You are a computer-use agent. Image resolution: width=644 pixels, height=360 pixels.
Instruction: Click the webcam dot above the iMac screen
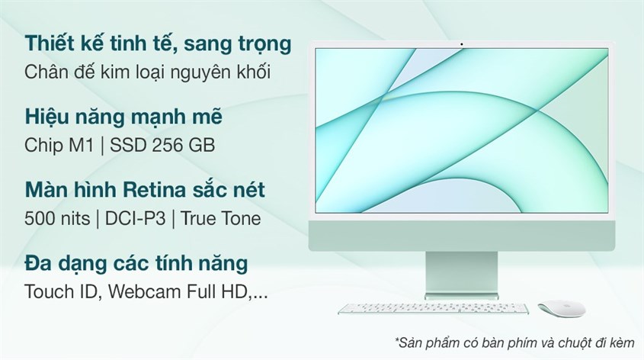pyautogui.click(x=462, y=44)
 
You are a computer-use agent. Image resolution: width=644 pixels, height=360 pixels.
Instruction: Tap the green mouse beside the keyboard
pyautogui.click(x=562, y=309)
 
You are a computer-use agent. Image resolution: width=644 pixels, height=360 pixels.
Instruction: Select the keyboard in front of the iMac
pyautogui.click(x=434, y=309)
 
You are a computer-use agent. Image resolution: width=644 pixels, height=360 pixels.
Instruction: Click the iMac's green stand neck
pyautogui.click(x=462, y=272)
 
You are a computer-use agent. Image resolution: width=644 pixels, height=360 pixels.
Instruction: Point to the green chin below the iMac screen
pyautogui.click(x=462, y=236)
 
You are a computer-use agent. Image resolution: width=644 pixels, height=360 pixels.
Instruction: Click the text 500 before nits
pyautogui.click(x=40, y=218)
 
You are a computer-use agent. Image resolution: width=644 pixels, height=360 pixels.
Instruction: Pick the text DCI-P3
pyautogui.click(x=135, y=218)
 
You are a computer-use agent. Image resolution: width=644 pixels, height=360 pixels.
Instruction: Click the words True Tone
pyautogui.click(x=220, y=218)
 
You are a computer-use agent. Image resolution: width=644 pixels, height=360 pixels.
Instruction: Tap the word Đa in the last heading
pyautogui.click(x=39, y=263)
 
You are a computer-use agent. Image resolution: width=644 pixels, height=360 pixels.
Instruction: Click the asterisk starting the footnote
pyautogui.click(x=397, y=339)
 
